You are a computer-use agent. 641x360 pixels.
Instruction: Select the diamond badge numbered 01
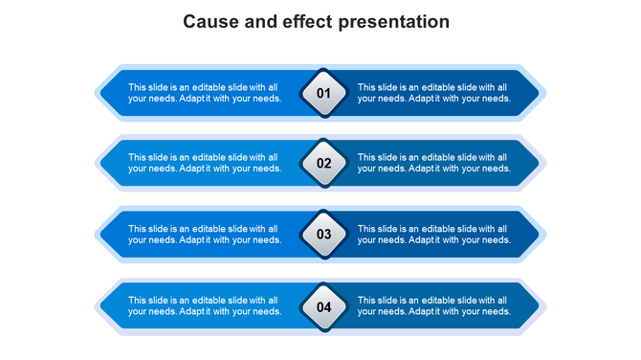coord(323,93)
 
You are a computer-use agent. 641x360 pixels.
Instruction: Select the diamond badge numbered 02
coord(323,163)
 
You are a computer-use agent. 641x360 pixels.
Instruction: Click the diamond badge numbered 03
coord(323,234)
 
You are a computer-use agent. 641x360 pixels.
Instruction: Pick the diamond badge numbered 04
coord(323,307)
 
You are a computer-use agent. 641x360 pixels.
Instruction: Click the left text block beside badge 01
coord(205,93)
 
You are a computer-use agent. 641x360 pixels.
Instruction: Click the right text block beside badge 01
coord(434,93)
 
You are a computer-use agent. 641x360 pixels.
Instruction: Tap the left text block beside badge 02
coord(205,163)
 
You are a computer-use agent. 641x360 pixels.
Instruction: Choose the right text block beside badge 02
coord(434,163)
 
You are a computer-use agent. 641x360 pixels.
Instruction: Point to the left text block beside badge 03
coord(205,235)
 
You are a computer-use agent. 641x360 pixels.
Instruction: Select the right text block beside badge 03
coord(434,235)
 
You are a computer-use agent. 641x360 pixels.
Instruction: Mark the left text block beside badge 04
coord(205,306)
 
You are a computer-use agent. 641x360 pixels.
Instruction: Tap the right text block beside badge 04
coord(434,306)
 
